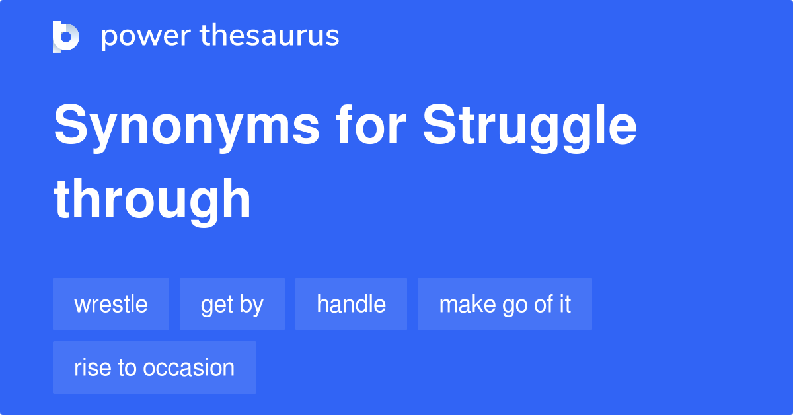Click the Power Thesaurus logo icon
66,36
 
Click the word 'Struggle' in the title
530,127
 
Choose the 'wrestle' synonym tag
111,304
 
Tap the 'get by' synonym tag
232,304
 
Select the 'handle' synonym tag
351,304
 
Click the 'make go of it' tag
505,304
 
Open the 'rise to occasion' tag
154,367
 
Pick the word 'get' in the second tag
216,305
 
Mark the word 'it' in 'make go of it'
564,304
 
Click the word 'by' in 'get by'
251,305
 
